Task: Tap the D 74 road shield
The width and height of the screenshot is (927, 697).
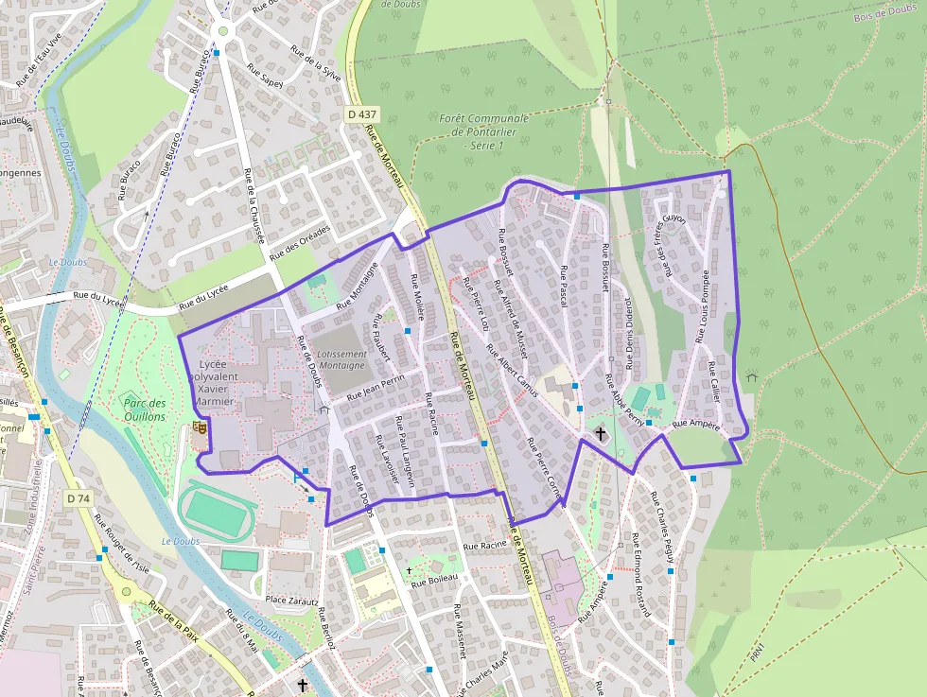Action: pos(79,497)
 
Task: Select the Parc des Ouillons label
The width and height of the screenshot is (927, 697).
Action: pos(145,409)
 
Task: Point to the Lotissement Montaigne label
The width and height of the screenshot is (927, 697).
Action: pos(341,359)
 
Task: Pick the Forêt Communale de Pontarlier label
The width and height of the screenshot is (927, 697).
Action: pos(483,132)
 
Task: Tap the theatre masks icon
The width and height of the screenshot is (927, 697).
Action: pos(200,427)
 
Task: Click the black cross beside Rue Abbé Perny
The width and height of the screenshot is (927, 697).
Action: pos(600,433)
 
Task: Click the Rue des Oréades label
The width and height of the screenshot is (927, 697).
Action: pos(300,243)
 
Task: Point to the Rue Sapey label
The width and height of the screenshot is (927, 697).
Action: pos(265,76)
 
